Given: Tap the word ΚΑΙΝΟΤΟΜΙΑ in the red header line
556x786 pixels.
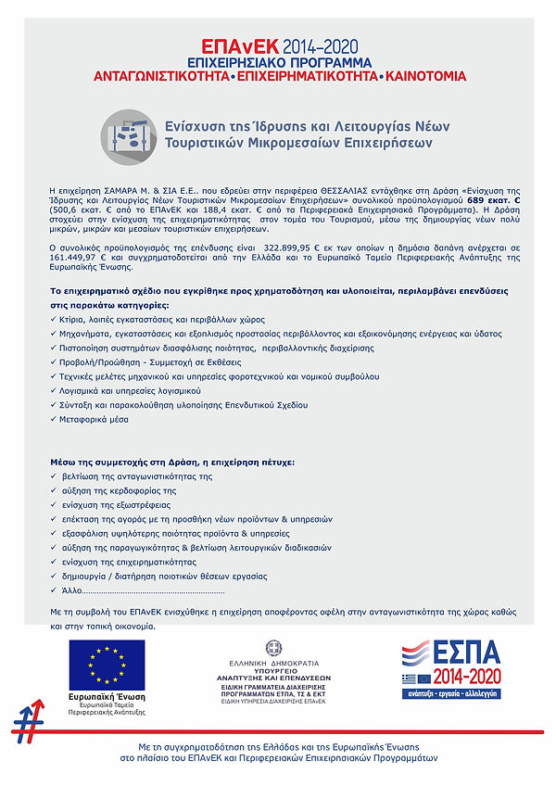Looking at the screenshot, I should [425, 76].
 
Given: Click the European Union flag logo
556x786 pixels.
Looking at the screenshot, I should [107, 666].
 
